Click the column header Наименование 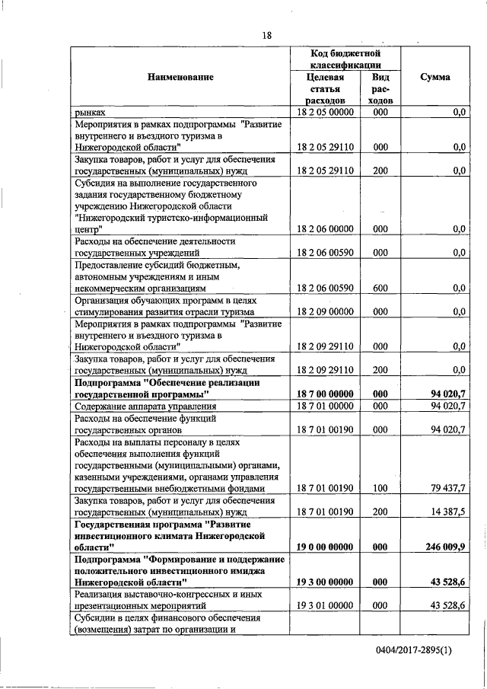click(181, 77)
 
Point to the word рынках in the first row click(90, 112)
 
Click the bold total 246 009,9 click(446, 547)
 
